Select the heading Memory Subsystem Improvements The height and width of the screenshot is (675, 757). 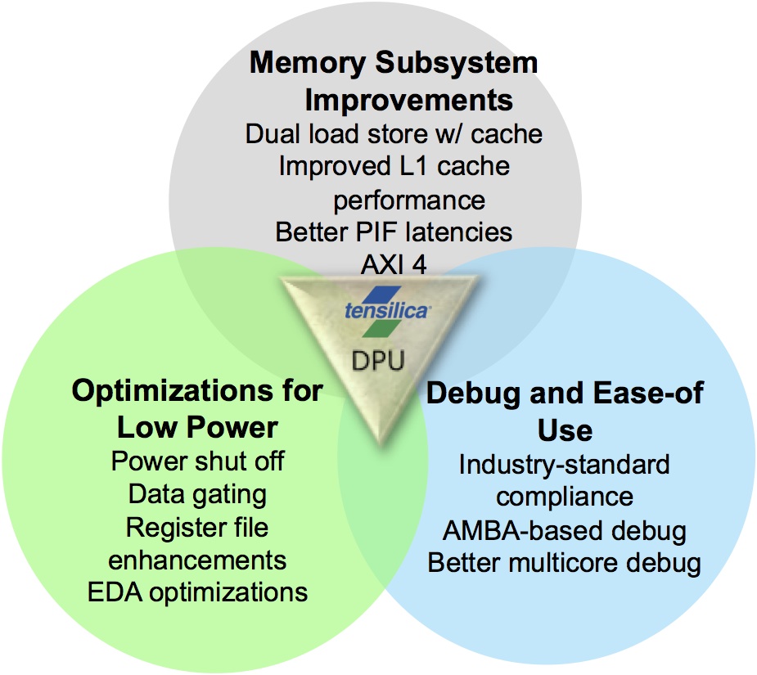(394, 82)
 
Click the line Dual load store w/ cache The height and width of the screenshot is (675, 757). (394, 133)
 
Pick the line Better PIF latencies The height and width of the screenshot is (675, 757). (394, 232)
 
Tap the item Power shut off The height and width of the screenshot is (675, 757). (197, 461)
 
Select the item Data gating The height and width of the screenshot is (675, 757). (197, 493)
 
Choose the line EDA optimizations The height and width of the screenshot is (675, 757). (197, 592)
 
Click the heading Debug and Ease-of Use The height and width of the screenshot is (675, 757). (565, 412)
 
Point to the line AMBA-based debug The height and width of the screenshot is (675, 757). (565, 530)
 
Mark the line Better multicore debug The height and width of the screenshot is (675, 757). (565, 563)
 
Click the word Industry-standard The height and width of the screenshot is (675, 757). (565, 465)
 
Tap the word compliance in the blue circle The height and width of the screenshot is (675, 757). (565, 497)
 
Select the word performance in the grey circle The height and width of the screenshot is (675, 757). (409, 200)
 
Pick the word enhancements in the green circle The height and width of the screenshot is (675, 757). (197, 560)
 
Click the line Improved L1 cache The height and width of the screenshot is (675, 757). (394, 166)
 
